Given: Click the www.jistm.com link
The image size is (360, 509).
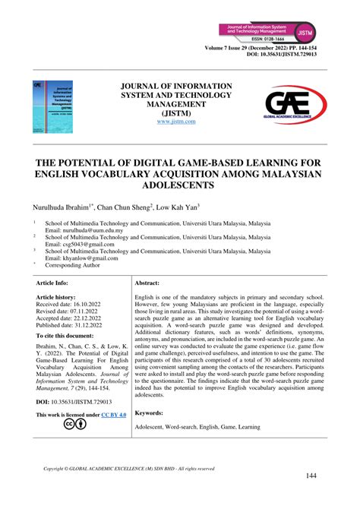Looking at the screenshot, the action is coord(179,121).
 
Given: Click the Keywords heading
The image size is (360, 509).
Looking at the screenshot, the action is coord(150,413).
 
